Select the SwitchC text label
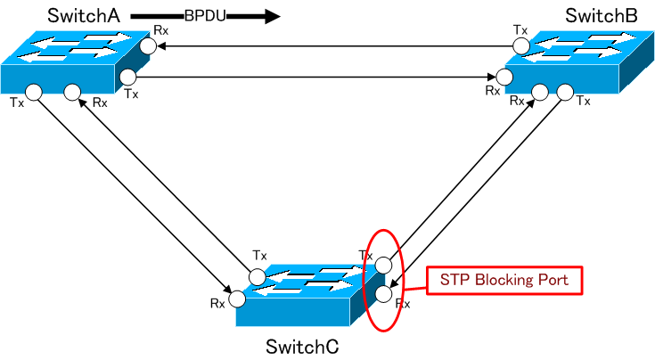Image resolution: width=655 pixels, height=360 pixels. point(302,346)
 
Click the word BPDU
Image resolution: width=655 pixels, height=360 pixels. point(206,15)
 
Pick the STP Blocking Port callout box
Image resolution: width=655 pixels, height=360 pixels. point(504,280)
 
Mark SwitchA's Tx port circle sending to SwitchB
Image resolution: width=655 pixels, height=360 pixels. point(129,77)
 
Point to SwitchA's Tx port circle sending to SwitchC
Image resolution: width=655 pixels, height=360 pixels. point(33,91)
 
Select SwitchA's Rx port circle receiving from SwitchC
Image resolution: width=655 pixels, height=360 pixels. point(73,91)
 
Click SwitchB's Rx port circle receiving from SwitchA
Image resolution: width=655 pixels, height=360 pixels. point(504,77)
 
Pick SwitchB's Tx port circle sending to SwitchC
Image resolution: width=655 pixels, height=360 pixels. point(562,91)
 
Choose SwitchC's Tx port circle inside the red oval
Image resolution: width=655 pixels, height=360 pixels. point(383,265)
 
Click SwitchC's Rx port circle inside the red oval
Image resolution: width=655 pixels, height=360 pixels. point(383,293)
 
